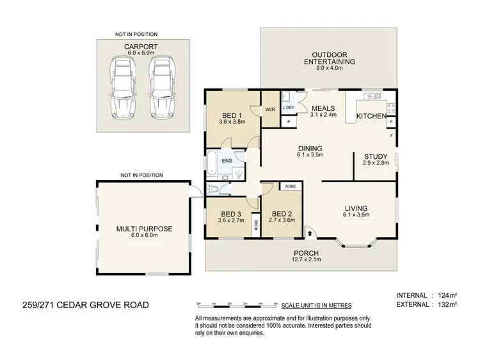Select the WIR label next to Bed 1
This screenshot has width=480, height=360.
point(269,109)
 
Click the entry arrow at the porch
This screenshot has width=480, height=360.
point(311,234)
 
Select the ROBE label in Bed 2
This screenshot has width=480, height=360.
point(290,186)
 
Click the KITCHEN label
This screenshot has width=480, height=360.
point(371,116)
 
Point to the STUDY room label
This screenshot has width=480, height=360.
point(374,156)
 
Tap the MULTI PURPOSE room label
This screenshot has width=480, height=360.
point(145,227)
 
